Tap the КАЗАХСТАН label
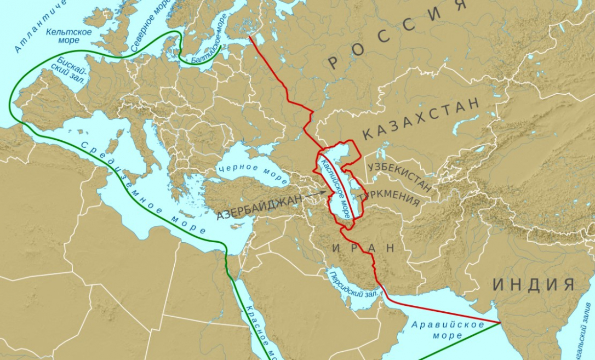click(x=421, y=118)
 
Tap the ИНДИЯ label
click(x=534, y=284)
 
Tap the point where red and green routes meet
click(x=499, y=322)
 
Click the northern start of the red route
click(x=249, y=37)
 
